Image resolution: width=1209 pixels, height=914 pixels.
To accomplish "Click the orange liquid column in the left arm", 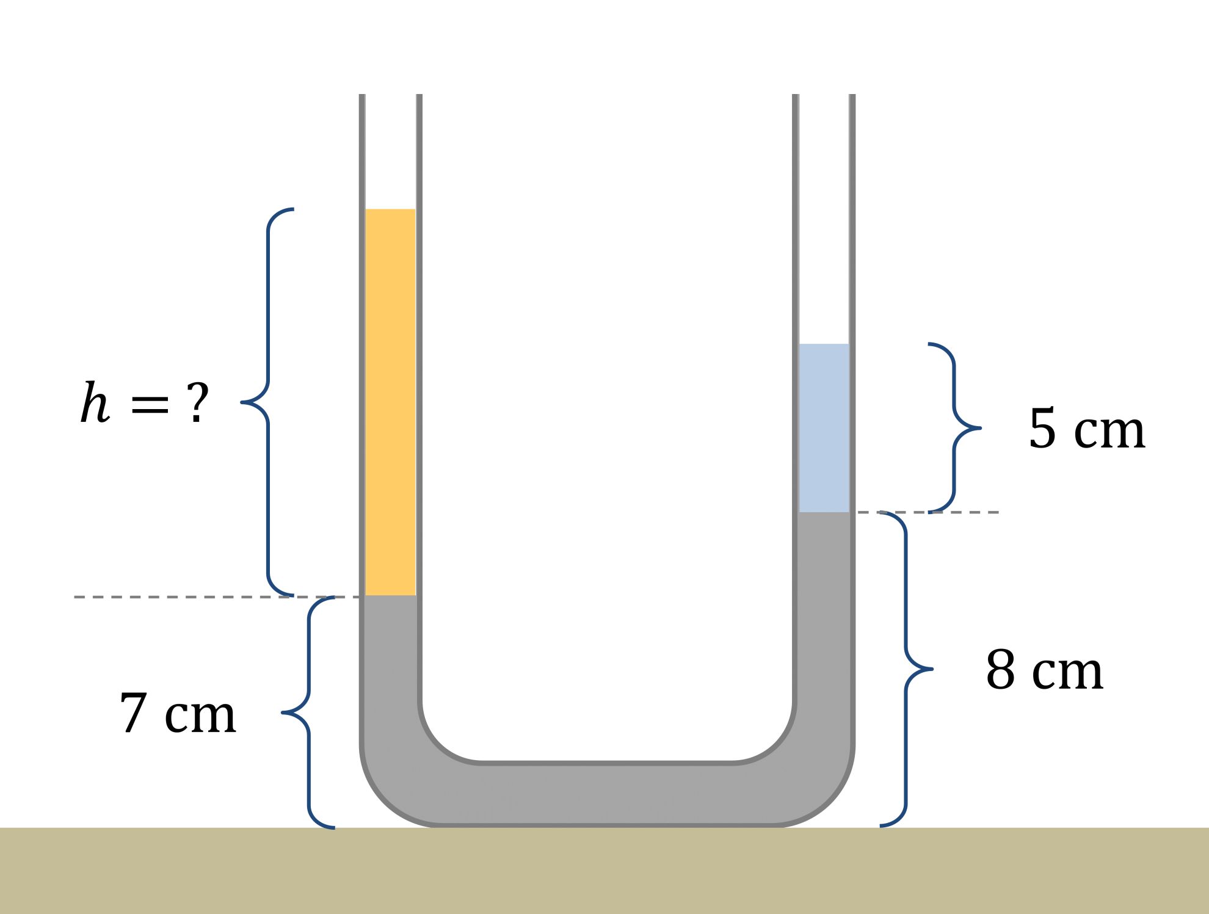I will coord(390,403).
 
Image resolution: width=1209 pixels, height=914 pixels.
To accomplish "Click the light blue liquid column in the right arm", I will coord(824,427).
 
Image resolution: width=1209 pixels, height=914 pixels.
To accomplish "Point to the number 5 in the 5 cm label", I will coord(1042,429).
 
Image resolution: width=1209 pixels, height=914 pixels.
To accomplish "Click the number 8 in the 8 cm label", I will coord(1000,670).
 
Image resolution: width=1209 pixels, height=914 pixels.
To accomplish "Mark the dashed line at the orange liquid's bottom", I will coord(183,597).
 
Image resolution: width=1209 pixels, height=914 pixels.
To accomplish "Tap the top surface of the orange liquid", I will coord(390,210).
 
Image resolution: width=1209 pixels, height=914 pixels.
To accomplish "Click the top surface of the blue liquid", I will coord(824,345).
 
